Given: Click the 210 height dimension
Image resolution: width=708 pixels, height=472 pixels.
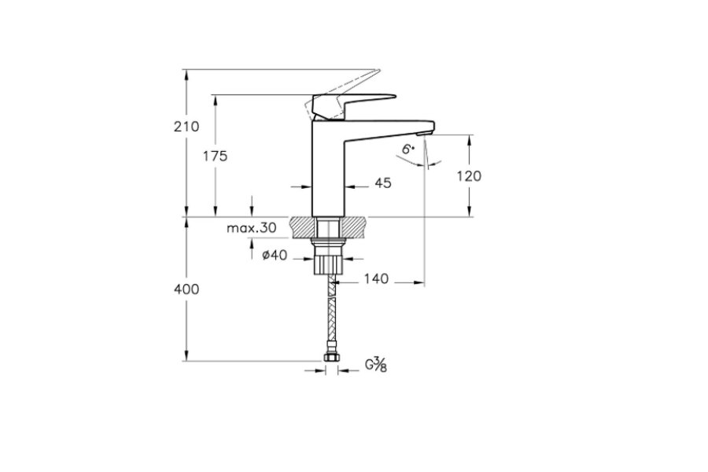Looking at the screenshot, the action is click(186, 127).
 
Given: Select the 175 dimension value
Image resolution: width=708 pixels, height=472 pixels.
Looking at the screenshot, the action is click(215, 157).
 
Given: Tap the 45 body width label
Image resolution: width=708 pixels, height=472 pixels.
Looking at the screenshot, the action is click(383, 183).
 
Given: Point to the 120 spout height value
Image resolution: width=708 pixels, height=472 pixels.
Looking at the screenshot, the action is click(469, 175).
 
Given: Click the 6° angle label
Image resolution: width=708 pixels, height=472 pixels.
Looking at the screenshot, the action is click(408, 149).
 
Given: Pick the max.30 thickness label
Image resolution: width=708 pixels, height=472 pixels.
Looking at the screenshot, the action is click(252, 227).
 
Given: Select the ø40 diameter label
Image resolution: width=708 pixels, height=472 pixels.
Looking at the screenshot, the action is click(275, 255).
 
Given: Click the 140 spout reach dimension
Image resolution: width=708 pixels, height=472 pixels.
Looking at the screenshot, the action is click(376, 278).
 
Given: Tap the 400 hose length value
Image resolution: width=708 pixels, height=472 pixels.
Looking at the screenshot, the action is click(186, 289).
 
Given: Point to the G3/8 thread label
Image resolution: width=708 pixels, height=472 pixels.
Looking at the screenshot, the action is click(376, 364).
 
